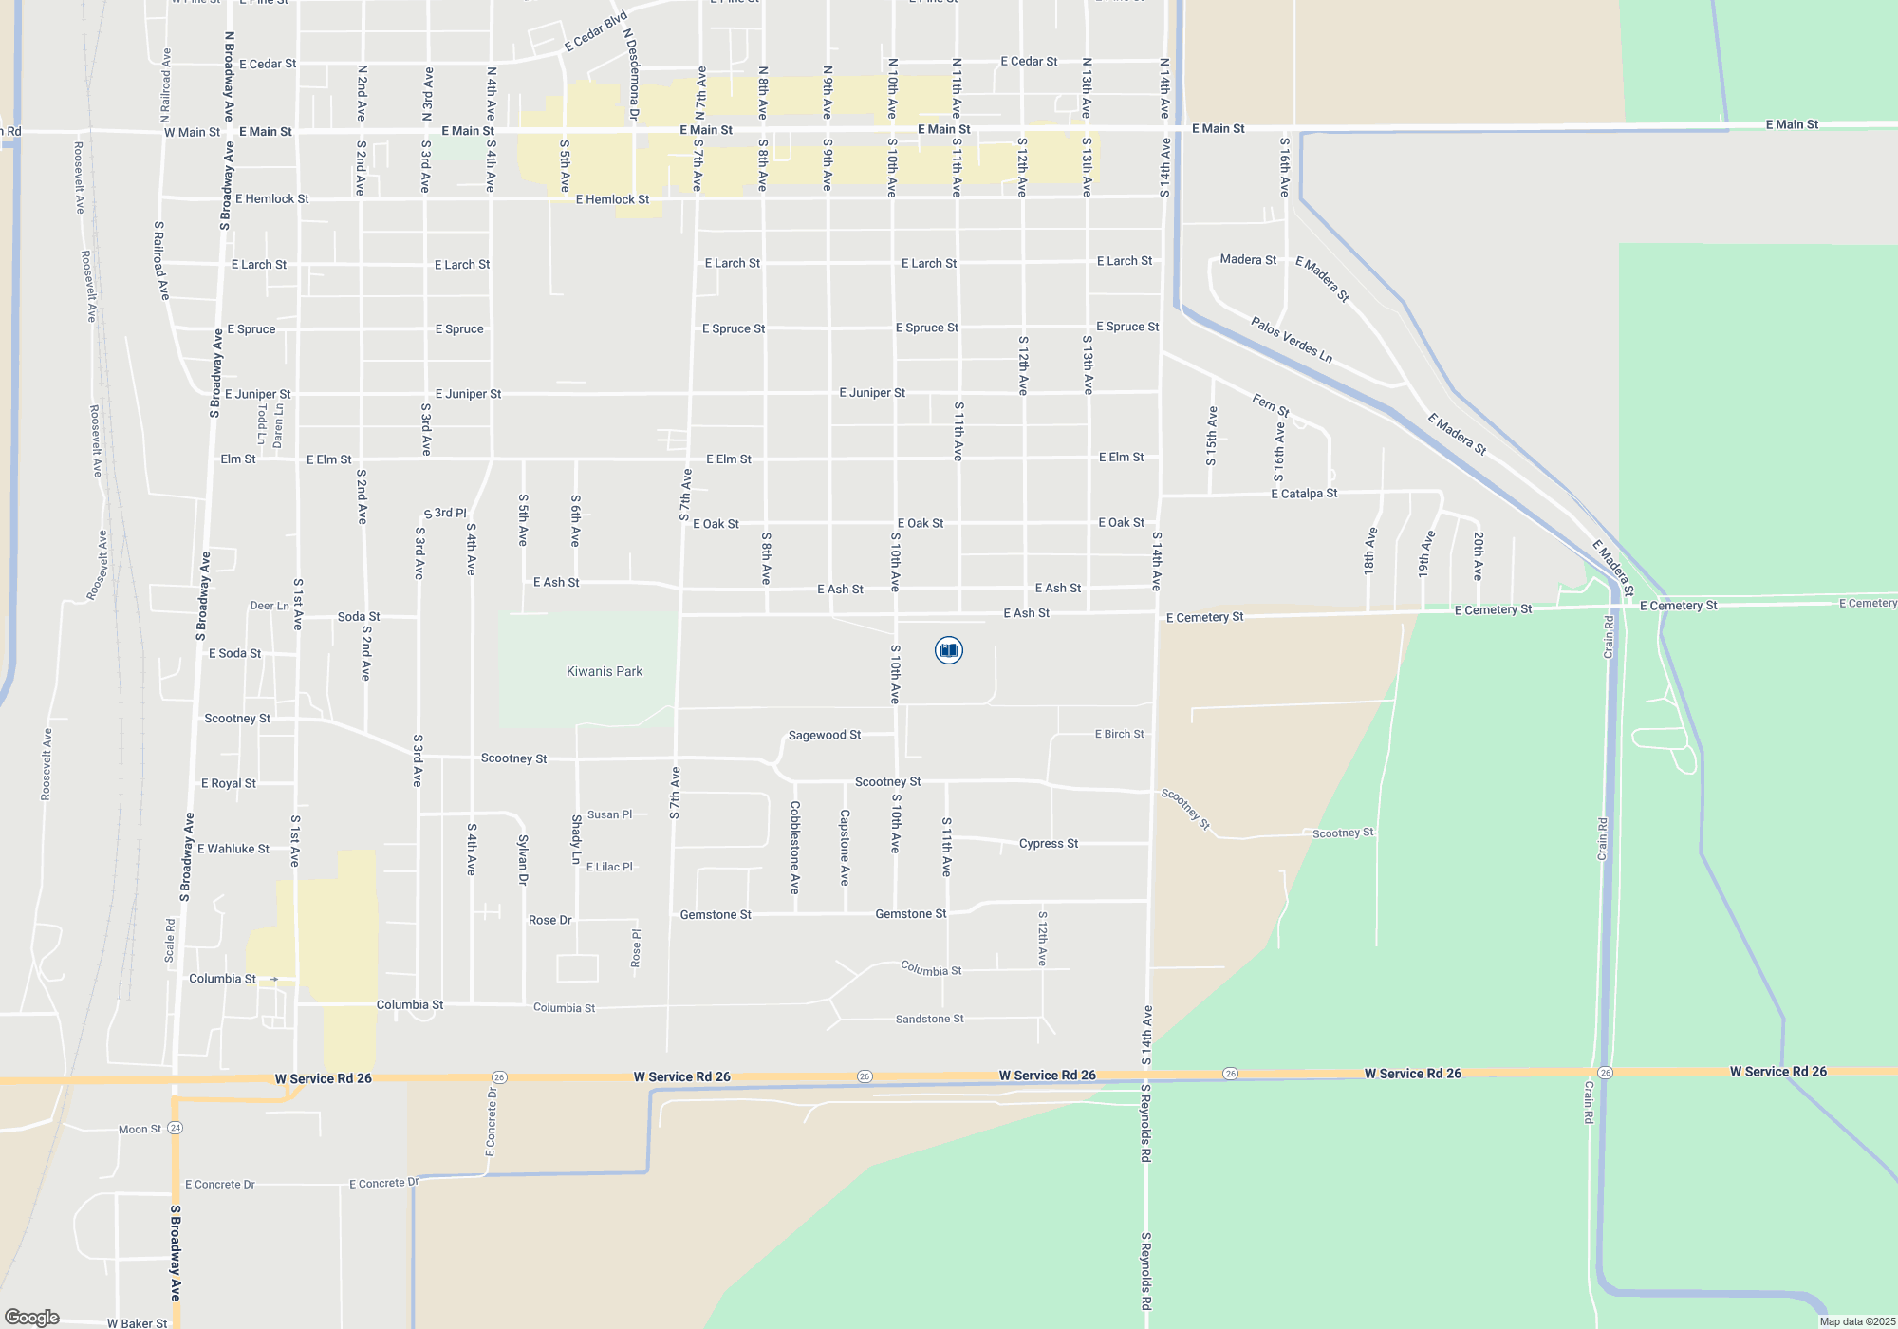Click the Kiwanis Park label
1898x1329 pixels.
605,672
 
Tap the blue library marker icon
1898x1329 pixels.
948,650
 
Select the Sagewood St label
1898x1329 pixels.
825,736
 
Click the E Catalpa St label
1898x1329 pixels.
1304,494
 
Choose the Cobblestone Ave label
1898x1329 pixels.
795,848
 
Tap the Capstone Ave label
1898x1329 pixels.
845,848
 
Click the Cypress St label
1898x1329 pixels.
1048,844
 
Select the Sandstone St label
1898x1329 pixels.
929,1020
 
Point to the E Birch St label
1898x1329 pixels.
1119,735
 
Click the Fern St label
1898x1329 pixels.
1271,405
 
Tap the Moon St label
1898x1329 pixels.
140,1130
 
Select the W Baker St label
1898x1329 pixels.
137,1323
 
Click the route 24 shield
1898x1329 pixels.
176,1128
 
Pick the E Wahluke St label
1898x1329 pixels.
233,850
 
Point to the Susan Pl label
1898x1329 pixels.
609,815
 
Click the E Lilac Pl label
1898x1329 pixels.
609,868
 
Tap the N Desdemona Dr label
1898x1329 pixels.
629,74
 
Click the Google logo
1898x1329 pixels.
32,1318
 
